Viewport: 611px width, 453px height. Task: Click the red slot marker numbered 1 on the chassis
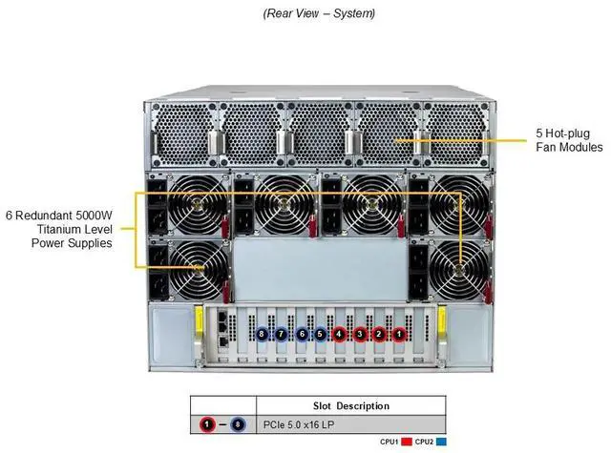[x=399, y=334]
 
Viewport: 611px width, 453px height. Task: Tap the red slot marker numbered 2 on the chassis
[x=379, y=334]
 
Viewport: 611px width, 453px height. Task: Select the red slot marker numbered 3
[x=360, y=334]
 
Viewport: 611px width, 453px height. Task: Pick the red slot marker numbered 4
[x=340, y=334]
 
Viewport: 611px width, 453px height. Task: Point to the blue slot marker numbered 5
[x=321, y=334]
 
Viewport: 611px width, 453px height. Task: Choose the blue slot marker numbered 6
[x=302, y=334]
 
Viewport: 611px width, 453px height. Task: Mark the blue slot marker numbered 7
[x=282, y=334]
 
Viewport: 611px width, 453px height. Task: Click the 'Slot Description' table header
[x=351, y=406]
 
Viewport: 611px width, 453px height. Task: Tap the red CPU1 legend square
[x=407, y=443]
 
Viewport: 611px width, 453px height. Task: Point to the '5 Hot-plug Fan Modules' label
[x=568, y=140]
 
